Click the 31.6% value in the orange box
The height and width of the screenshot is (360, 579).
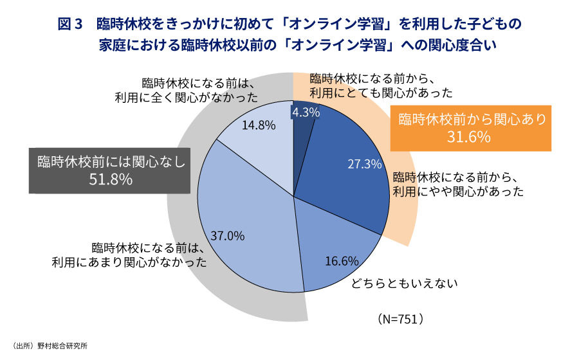pyautogui.click(x=470, y=137)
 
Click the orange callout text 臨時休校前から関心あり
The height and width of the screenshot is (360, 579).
pyautogui.click(x=472, y=120)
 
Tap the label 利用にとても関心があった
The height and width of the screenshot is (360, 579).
pyautogui.click(x=380, y=93)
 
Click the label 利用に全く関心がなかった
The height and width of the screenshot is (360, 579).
pyautogui.click(x=186, y=98)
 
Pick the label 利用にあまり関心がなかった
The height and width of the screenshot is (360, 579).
pyautogui.click(x=129, y=262)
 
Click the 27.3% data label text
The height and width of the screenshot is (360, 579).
pyautogui.click(x=365, y=164)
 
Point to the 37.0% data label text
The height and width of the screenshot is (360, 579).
pyautogui.click(x=228, y=236)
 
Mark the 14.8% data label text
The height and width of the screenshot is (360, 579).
pyautogui.click(x=259, y=125)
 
